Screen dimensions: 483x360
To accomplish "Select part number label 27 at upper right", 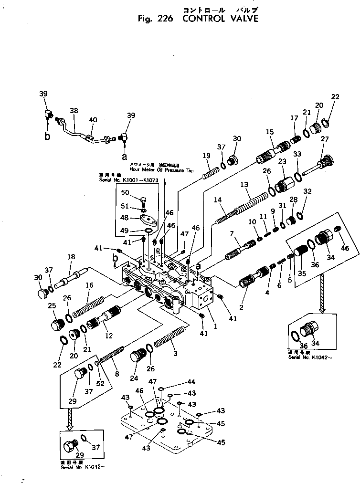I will [325, 139].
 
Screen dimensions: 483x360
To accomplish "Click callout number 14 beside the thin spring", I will [218, 200].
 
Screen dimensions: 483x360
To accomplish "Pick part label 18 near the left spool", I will [71, 257].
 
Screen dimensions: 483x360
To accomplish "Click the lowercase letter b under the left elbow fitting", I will [47, 137].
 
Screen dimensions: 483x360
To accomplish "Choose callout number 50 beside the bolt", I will [125, 192].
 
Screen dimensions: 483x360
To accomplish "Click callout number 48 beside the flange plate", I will [125, 218].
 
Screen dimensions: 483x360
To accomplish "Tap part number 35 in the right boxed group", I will [301, 274].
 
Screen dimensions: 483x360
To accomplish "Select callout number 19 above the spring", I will [206, 155].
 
